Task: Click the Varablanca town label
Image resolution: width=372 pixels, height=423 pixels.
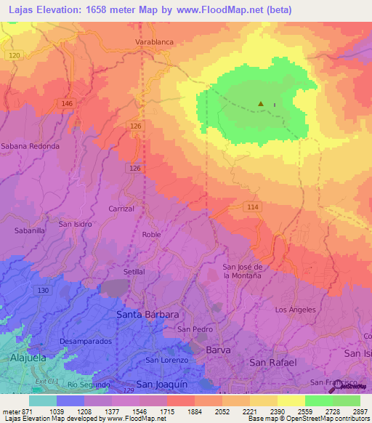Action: click(x=154, y=42)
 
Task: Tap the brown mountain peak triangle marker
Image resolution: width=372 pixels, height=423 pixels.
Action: click(x=261, y=104)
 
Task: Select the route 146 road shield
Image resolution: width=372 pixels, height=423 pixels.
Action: click(x=68, y=104)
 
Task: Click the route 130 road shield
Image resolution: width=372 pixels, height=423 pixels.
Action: click(x=44, y=290)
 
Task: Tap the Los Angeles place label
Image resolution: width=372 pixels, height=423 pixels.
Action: click(x=296, y=310)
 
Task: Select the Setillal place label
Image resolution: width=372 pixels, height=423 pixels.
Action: click(x=134, y=271)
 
